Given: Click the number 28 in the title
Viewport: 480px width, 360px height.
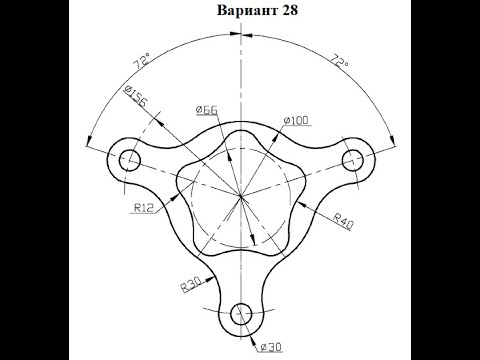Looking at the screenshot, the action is click(x=290, y=10).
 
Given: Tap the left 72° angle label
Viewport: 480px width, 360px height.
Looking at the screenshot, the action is click(x=141, y=62).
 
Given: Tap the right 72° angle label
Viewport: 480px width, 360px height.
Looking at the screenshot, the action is click(x=339, y=62).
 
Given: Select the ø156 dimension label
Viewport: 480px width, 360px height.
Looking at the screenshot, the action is click(x=135, y=96).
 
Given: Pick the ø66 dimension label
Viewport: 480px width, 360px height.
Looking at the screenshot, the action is click(x=207, y=110).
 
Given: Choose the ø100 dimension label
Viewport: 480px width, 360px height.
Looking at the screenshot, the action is click(x=296, y=121).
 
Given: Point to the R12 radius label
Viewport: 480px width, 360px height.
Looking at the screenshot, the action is click(x=144, y=208).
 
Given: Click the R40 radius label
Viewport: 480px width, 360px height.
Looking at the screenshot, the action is click(x=343, y=222).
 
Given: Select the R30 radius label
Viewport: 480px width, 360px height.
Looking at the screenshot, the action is click(x=191, y=285).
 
